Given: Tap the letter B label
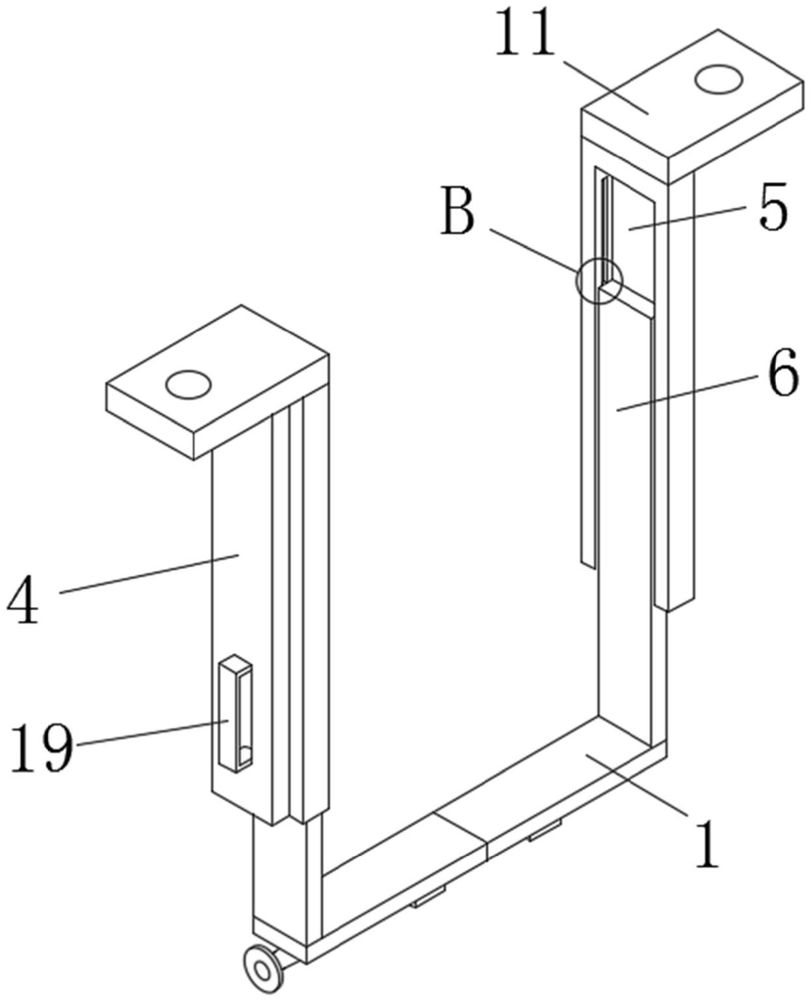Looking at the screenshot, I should coord(457,211).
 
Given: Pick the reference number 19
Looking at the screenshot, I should coord(41,747).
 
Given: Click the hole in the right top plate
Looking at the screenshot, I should coord(718,81).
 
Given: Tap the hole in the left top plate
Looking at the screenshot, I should coord(188,385).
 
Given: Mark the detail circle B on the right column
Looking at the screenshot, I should coord(599,282).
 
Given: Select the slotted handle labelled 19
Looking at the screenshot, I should coord(235,714).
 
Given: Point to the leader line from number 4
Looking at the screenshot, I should coord(149,574).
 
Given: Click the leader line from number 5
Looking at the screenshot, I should coord(689,218).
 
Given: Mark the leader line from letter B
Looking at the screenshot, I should coord(533,249).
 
